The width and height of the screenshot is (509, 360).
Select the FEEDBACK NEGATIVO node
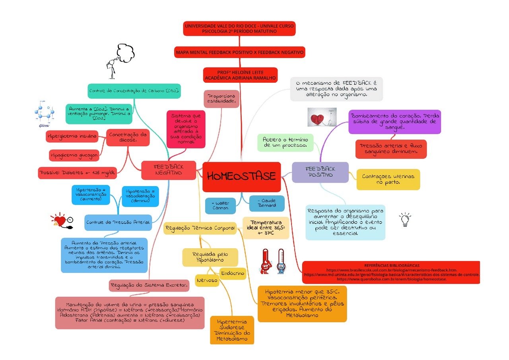tap(169, 170)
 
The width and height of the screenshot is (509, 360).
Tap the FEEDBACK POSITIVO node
tap(320, 172)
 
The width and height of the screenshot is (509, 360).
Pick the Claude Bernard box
tap(267, 203)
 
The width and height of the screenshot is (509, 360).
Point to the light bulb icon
tap(405, 219)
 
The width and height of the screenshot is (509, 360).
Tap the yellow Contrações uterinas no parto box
tap(388, 179)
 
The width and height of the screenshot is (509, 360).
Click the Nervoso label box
tap(207, 280)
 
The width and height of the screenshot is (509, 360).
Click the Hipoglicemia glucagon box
tap(74, 156)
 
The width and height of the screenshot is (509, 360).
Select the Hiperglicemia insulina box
tap(72, 136)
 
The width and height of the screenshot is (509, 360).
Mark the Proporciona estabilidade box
tap(221, 99)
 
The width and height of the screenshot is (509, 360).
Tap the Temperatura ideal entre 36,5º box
tap(266, 228)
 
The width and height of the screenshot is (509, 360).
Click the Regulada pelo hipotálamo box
tap(210, 257)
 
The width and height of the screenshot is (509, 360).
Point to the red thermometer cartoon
tap(266, 261)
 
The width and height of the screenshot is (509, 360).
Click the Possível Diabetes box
tap(78, 173)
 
